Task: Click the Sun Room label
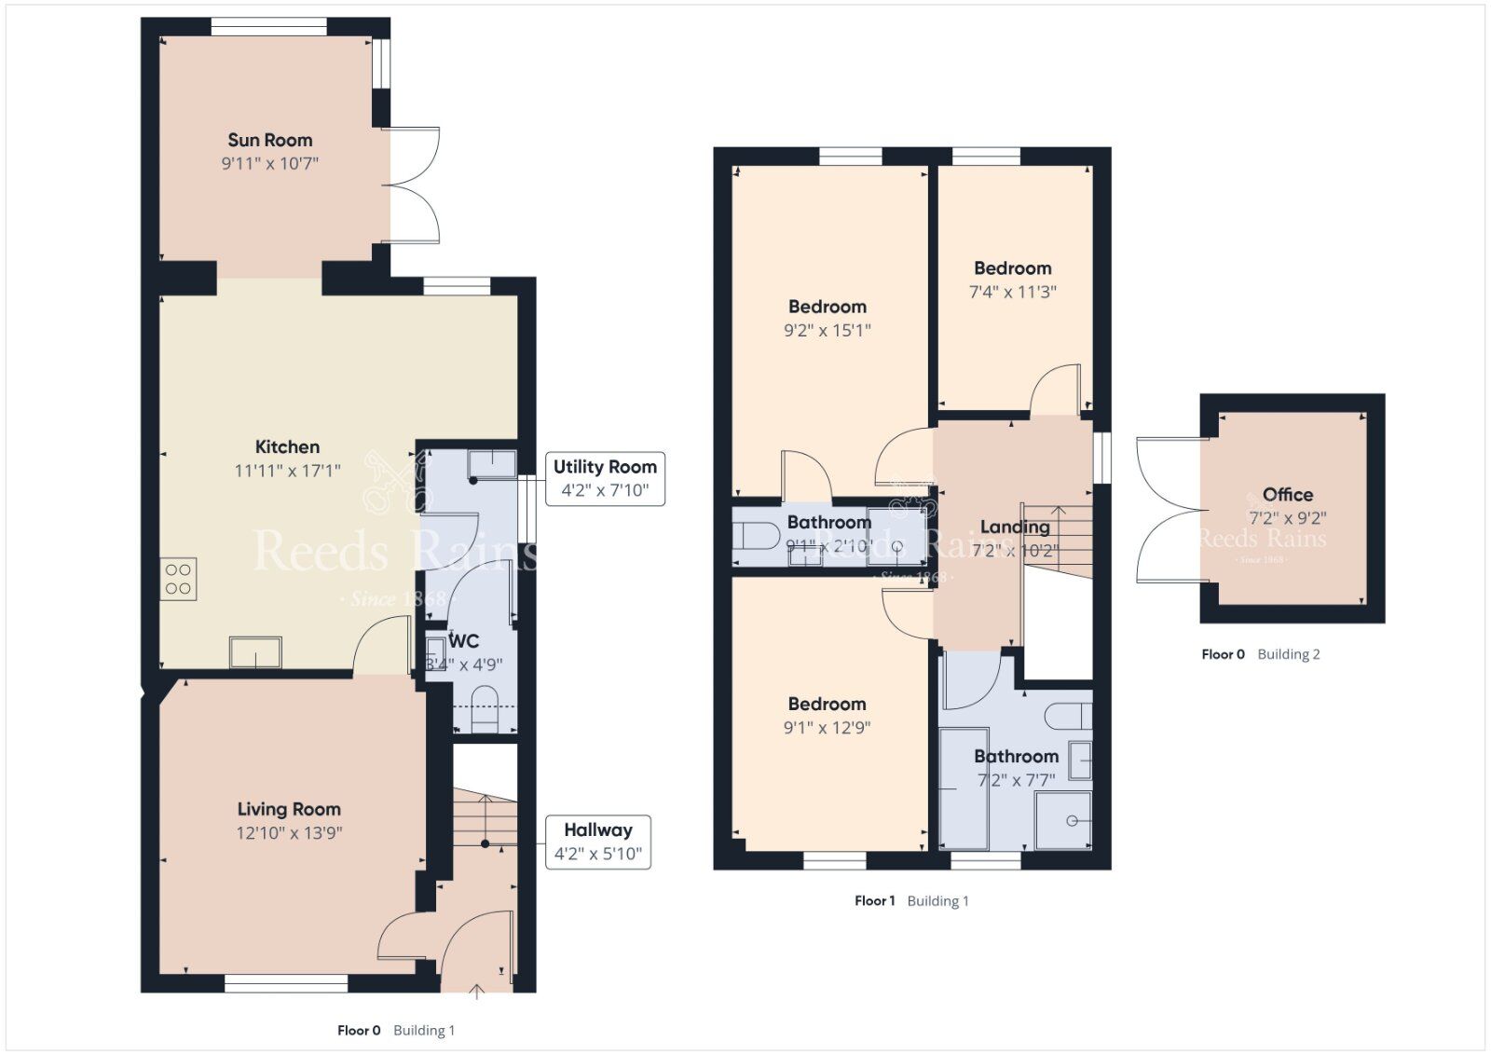[270, 140]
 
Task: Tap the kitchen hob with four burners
[178, 578]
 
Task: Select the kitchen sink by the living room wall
[255, 652]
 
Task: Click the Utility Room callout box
[605, 478]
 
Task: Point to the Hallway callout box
[597, 842]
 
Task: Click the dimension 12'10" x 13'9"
[289, 833]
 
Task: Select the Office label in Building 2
[1288, 495]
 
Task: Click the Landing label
[1015, 527]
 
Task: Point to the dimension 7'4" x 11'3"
[1013, 292]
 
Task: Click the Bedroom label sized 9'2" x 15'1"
[828, 307]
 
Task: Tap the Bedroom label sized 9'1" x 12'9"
[828, 704]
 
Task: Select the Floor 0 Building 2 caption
[1260, 654]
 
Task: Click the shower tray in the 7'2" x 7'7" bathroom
[1062, 820]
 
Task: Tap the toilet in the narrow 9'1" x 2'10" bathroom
[757, 537]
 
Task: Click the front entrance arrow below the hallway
[476, 991]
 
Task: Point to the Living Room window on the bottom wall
[286, 982]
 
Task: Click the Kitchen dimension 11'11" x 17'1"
[287, 471]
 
